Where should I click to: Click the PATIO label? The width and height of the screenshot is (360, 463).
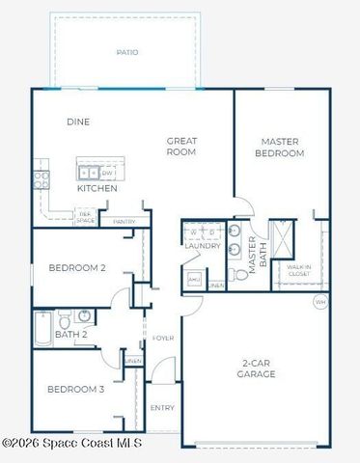click(x=126, y=52)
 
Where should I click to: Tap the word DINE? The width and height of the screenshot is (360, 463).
click(x=78, y=123)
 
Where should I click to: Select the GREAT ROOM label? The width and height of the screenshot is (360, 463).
click(x=181, y=146)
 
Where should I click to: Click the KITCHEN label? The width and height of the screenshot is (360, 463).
click(x=97, y=189)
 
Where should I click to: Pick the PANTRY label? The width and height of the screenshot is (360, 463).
click(x=124, y=222)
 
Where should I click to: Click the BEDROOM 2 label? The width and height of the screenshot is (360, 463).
click(x=76, y=268)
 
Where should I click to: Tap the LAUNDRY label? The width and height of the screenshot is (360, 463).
click(x=203, y=246)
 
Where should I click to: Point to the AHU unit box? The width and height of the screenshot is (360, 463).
click(x=194, y=278)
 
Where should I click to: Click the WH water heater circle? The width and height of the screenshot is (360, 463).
click(x=320, y=302)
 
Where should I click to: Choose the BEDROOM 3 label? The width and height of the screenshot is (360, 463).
click(x=76, y=390)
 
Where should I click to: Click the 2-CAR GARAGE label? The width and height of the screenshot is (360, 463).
click(x=259, y=369)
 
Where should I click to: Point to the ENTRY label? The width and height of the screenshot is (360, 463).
click(x=162, y=408)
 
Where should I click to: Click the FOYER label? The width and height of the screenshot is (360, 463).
click(x=162, y=338)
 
